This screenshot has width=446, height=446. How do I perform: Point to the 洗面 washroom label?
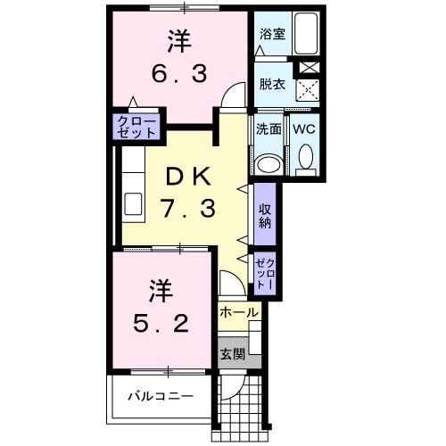pyautogui.click(x=269, y=128)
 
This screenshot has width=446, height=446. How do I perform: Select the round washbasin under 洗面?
pyautogui.click(x=268, y=164)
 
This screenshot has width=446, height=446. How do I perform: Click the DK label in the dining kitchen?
pyautogui.click(x=186, y=178)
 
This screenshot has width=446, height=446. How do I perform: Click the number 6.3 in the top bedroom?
pyautogui.click(x=178, y=71)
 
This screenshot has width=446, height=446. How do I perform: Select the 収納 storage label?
pyautogui.click(x=265, y=215)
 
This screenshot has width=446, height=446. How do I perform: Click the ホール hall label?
pyautogui.click(x=239, y=313)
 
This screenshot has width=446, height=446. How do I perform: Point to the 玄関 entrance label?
pyautogui.click(x=232, y=352)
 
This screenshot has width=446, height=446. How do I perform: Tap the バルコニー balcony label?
pyautogui.click(x=160, y=394)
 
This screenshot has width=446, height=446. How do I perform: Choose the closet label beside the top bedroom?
pyautogui.click(x=137, y=126)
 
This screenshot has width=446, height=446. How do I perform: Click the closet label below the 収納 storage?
pyautogui.click(x=265, y=272)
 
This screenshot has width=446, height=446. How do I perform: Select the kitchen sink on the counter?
pyautogui.click(x=134, y=202)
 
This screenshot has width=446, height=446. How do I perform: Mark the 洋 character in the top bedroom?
pyautogui.click(x=178, y=40)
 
